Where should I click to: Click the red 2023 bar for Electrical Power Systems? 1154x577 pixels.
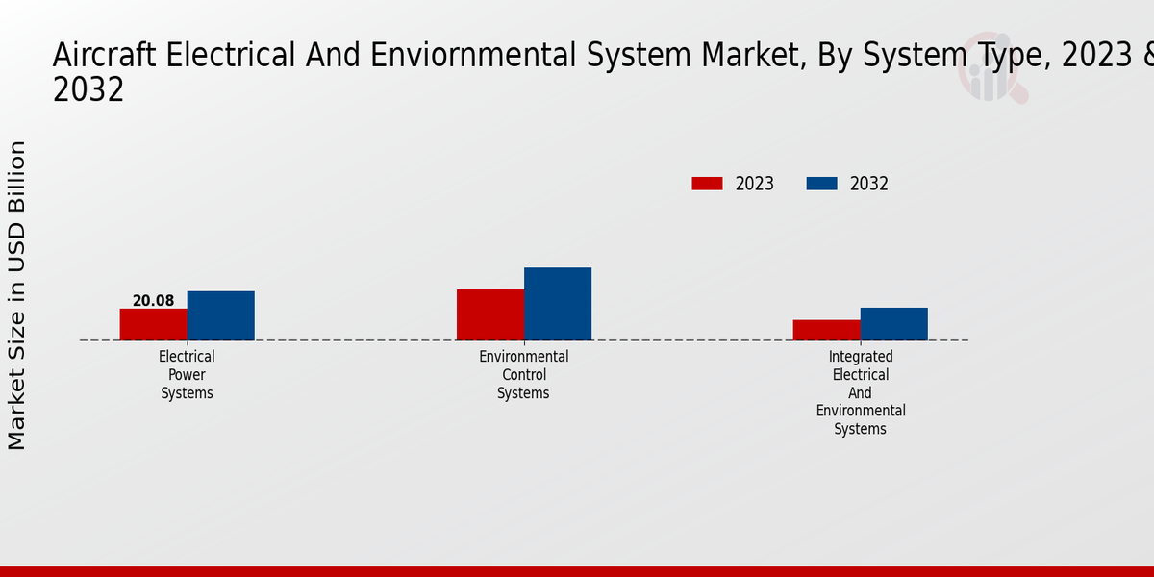tap(154, 324)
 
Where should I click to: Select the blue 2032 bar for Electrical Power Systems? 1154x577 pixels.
tap(221, 315)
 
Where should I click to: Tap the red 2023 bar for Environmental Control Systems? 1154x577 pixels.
tap(490, 314)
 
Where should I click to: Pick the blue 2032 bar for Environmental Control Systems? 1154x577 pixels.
tap(558, 304)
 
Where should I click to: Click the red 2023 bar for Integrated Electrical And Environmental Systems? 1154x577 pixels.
tap(827, 330)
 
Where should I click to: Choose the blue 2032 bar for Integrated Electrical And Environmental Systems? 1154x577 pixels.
tap(894, 324)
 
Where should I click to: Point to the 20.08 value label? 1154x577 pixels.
tap(154, 301)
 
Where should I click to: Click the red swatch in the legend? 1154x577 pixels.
tap(707, 184)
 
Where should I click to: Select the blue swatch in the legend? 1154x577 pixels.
tap(821, 184)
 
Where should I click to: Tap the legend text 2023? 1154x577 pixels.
tap(755, 184)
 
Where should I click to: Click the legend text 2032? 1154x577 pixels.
tap(869, 184)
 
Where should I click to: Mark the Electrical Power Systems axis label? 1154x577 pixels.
tap(188, 375)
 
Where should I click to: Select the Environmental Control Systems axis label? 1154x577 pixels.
tap(524, 375)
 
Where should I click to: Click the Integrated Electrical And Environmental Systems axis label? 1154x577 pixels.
tap(861, 392)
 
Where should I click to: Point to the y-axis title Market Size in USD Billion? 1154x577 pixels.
tap(17, 295)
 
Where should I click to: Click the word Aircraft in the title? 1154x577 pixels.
tap(105, 56)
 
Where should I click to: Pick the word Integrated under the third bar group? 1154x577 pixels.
tap(861, 357)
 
